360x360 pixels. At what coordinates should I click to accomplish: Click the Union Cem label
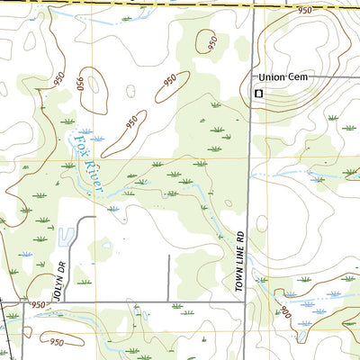pyautogui.click(x=283, y=77)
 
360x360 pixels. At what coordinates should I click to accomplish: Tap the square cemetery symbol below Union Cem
pyautogui.click(x=259, y=92)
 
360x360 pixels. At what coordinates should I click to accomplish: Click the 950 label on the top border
pyautogui.click(x=305, y=10)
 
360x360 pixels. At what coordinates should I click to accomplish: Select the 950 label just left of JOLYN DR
pyautogui.click(x=38, y=305)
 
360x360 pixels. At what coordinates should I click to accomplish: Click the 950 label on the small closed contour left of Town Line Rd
pyautogui.click(x=211, y=42)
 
